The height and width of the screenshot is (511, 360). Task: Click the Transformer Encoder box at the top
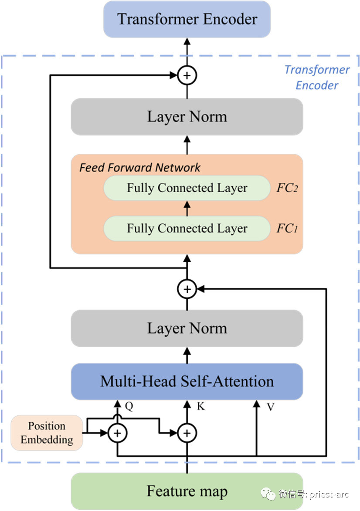pyautogui.click(x=187, y=19)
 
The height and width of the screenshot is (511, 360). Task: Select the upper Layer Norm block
pyautogui.click(x=187, y=117)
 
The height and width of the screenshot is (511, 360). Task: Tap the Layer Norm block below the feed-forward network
pyautogui.click(x=187, y=328)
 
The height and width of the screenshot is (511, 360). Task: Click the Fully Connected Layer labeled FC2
pyautogui.click(x=187, y=188)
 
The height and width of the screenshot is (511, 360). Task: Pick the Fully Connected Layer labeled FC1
pyautogui.click(x=187, y=228)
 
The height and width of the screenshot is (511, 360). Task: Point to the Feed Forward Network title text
pyautogui.click(x=140, y=167)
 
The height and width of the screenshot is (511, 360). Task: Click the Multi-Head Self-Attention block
pyautogui.click(x=187, y=382)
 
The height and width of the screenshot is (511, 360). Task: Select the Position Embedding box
pyautogui.click(x=47, y=433)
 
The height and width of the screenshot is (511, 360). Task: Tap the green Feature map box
pyautogui.click(x=187, y=491)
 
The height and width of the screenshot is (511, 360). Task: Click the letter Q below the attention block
pyautogui.click(x=129, y=406)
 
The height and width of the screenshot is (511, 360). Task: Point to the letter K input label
pyautogui.click(x=201, y=406)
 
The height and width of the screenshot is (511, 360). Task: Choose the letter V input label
pyautogui.click(x=270, y=406)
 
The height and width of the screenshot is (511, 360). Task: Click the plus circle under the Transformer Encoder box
pyautogui.click(x=187, y=76)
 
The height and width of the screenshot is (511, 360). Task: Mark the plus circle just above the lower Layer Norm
pyautogui.click(x=187, y=288)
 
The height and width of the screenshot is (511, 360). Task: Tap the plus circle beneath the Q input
pyautogui.click(x=117, y=433)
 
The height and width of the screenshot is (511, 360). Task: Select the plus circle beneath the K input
pyautogui.click(x=187, y=433)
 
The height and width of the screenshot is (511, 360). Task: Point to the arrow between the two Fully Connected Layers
pyautogui.click(x=187, y=208)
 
